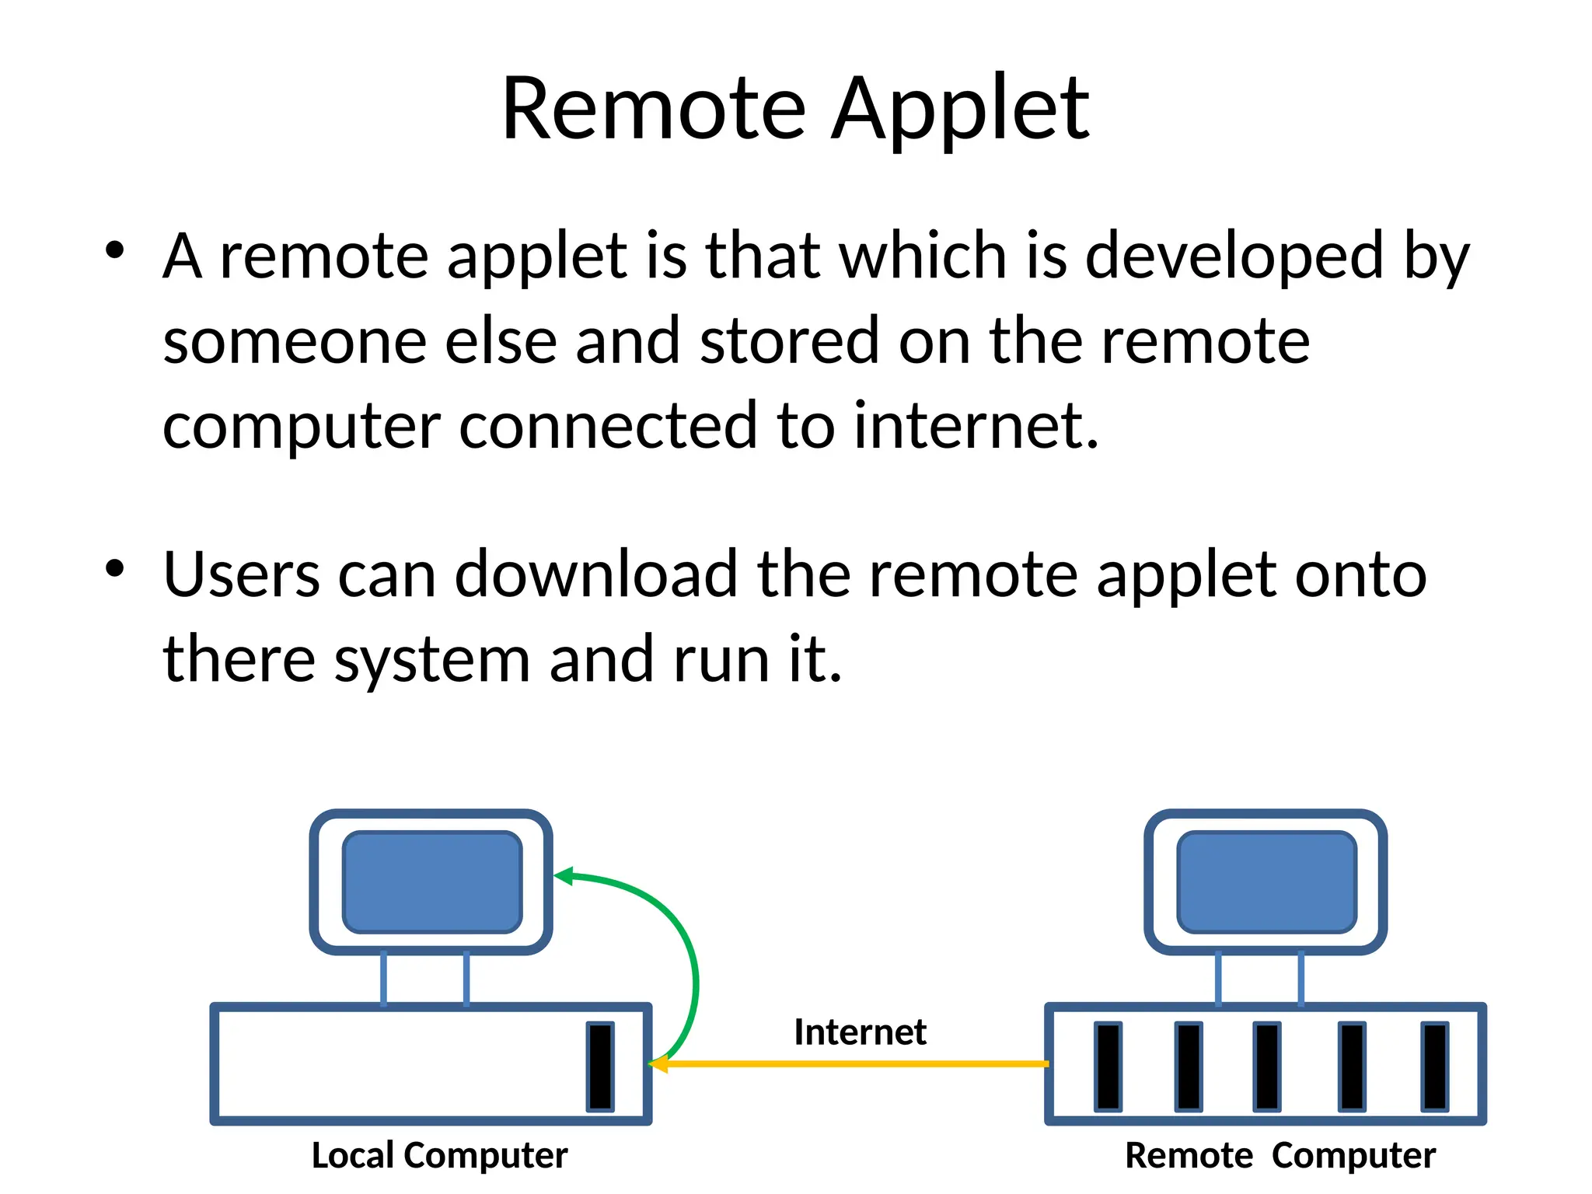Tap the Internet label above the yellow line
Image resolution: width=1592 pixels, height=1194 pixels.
(x=860, y=1032)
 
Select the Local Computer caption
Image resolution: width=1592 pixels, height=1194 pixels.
(x=439, y=1155)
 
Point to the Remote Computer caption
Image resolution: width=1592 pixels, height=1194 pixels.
(x=1280, y=1155)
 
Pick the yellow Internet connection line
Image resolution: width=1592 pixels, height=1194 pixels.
(x=855, y=1063)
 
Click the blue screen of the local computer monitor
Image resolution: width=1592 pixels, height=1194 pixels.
(x=432, y=882)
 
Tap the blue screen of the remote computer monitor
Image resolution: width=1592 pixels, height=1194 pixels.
(x=1266, y=882)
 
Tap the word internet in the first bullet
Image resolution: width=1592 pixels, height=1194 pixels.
(x=976, y=425)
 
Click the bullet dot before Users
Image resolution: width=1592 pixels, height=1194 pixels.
(x=115, y=568)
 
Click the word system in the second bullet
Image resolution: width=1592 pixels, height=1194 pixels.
(x=432, y=659)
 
